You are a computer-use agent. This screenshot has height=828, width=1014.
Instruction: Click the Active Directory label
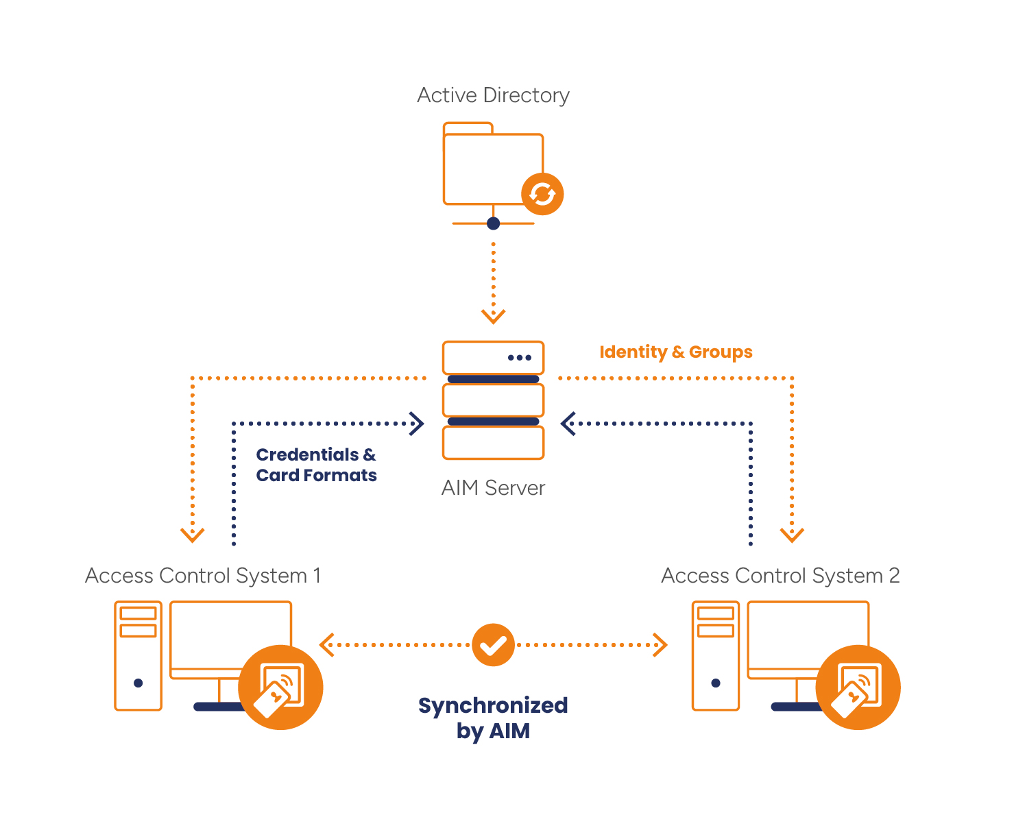pos(493,95)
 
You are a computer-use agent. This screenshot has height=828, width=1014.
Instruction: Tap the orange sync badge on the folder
pos(542,194)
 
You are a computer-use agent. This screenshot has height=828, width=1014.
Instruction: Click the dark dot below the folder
pos(493,223)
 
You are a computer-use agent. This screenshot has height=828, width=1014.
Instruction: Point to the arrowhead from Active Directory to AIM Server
pos(493,316)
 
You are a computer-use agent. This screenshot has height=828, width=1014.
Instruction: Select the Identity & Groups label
pos(675,352)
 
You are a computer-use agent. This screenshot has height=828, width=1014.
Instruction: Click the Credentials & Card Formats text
pos(316,465)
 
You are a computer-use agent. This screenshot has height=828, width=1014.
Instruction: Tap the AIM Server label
pos(493,488)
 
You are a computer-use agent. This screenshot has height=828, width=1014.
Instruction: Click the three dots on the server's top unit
pos(519,358)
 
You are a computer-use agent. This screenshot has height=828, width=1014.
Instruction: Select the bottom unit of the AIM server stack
pos(493,443)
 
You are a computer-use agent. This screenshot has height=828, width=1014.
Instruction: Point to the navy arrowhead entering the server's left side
pos(416,424)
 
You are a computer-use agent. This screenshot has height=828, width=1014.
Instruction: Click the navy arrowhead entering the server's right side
pos(568,424)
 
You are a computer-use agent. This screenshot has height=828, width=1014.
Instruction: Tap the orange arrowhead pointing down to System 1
pos(193,535)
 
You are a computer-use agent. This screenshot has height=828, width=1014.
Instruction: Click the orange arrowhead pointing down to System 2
pos(792,535)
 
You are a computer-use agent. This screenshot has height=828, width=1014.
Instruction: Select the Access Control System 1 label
pos(203,576)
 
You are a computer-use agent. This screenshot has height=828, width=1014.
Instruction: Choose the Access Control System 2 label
pos(780,576)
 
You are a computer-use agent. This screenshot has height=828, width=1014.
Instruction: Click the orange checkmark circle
pos(493,645)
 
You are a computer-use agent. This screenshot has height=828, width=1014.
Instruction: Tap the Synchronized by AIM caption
pos(493,718)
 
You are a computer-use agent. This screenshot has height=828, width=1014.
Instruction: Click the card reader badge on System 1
pos(280,687)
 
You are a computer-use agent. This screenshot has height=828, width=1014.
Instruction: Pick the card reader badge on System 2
pos(858,687)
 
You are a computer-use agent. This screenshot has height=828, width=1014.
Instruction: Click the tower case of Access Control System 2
pos(716,656)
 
